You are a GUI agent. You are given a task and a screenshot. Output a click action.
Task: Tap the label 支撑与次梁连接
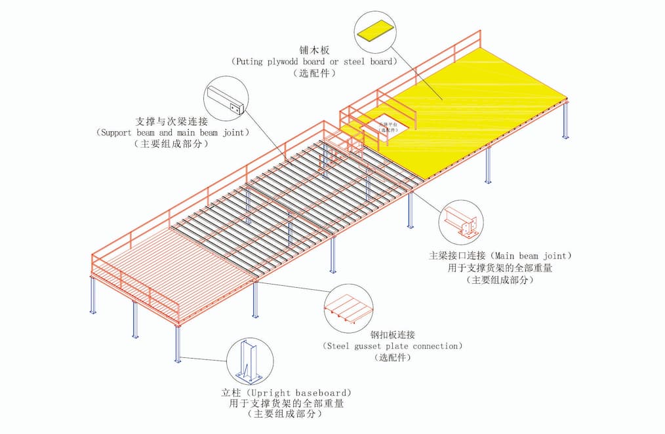coord(172,121)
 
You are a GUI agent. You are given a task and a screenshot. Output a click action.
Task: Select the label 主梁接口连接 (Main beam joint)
coord(500,256)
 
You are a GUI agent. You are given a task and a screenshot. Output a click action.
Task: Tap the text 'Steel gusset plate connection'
coord(393,345)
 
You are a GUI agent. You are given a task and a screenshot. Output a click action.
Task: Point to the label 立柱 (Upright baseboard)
coord(291,393)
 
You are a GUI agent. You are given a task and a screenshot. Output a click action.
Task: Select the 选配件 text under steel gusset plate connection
coord(393,357)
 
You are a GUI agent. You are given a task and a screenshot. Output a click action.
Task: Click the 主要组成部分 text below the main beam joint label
coord(500,279)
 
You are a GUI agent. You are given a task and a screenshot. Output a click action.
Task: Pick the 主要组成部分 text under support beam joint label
coord(172,144)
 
